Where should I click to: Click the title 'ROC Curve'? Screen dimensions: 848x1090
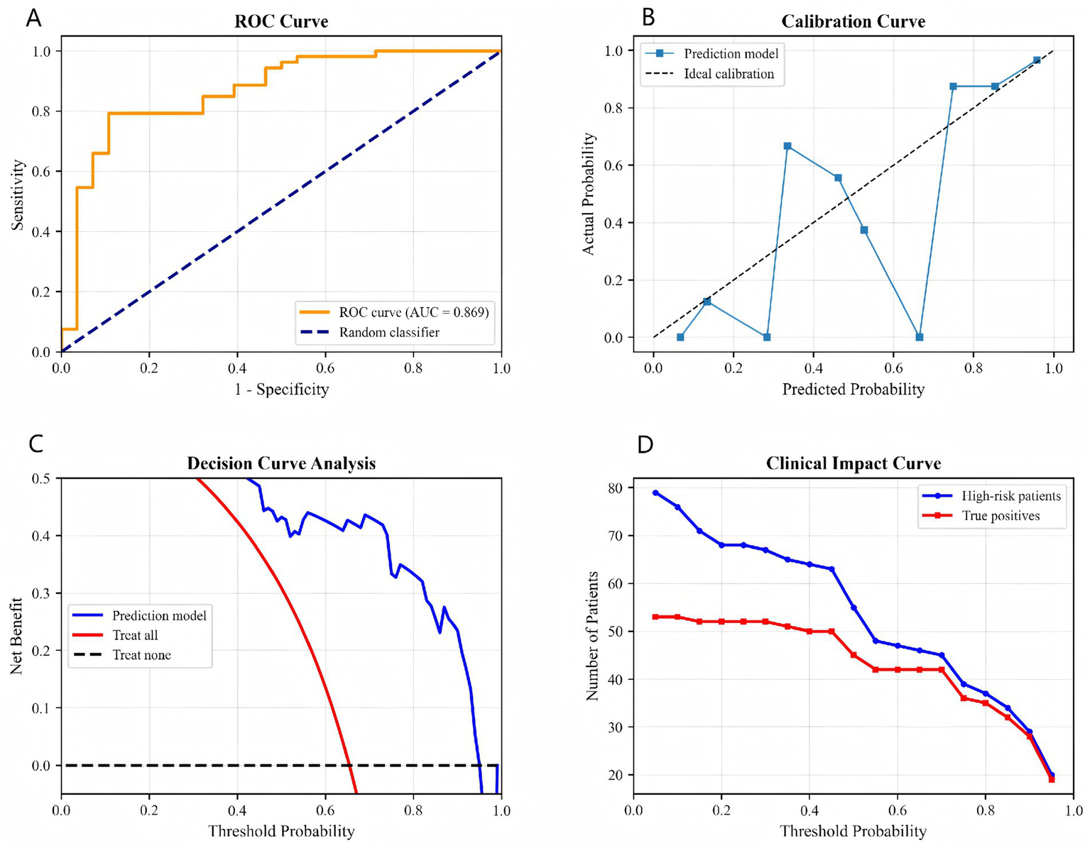point(281,22)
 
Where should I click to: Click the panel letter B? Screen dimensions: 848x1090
point(648,18)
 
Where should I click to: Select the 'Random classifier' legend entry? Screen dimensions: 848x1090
point(388,332)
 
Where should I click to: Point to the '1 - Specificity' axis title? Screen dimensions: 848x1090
point(282,389)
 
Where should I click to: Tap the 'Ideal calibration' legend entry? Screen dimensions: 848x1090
point(729,74)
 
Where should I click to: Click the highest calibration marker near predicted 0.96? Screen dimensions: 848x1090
point(1037,60)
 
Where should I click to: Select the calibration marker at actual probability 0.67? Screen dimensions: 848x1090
point(787,146)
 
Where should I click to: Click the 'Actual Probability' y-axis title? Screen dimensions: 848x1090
point(588,194)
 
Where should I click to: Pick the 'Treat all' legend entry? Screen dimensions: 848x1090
point(135,635)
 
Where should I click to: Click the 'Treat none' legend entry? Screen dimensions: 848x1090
point(141,655)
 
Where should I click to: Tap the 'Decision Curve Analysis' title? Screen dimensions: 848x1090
point(281,463)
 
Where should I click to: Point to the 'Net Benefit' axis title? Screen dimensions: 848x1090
point(17,636)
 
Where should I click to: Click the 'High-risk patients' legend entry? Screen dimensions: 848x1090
point(1010,496)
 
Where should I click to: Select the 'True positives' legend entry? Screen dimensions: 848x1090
point(1001,516)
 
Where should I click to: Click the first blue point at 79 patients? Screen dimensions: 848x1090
point(655,492)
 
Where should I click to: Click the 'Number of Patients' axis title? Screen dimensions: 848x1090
point(592,636)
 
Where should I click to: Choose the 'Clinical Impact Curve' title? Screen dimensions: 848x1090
point(854,463)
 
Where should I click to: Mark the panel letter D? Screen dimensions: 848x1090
point(645,445)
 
